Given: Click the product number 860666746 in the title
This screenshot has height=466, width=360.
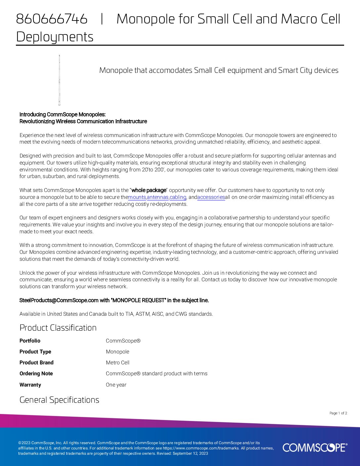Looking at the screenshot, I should pos(52,19).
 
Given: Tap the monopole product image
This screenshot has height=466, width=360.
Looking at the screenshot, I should pos(60,80).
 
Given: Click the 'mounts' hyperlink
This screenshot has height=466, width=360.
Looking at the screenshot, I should pos(137,197).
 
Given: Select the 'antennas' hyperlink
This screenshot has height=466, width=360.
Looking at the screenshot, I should pos(157,197).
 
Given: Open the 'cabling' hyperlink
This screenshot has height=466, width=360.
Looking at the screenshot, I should pos(178,197).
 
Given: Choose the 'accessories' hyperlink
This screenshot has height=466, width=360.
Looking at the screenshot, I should pos(211,197).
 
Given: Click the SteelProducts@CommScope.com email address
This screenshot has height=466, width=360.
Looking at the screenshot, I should pos(59,301).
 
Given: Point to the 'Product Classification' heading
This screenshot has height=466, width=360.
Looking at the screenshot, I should pos(58,328).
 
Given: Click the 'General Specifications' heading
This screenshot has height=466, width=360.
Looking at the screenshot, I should pos(59,400).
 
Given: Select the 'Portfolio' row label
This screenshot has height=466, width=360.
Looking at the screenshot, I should pos(30,341).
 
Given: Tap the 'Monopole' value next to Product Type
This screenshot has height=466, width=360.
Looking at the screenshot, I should pos(117,352).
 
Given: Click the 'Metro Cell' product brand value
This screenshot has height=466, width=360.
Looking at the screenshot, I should pos(117,363).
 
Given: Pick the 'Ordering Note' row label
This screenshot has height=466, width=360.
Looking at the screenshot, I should pos(36,374).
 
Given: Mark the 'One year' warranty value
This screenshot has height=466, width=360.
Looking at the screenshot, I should pos(116,385).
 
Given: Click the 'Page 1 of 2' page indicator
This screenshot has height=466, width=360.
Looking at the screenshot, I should pos(338,413).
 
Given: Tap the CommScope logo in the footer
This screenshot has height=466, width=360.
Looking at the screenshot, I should pos(315,447).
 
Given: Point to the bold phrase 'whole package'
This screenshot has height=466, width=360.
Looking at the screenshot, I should pos(149,190).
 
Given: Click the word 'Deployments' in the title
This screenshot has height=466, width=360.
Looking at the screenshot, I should pos(55,37).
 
